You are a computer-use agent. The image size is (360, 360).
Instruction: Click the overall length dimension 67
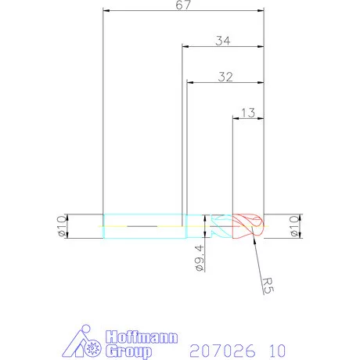pyautogui.click(x=183, y=5)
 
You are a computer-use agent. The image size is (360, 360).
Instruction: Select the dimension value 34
pyautogui.click(x=222, y=40)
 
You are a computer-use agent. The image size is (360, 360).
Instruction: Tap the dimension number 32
pyautogui.click(x=225, y=77)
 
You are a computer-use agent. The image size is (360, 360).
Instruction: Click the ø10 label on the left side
pyautogui.click(x=59, y=226)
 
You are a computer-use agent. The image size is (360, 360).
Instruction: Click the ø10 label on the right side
pyautogui.click(x=295, y=226)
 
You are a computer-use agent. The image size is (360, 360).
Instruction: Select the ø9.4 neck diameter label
pyautogui.click(x=200, y=257)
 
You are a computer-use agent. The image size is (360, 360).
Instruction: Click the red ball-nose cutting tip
pyautogui.click(x=249, y=226)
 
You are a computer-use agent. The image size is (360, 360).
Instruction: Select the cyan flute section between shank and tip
pyautogui.click(x=219, y=226)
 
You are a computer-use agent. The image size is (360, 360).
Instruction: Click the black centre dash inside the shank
pyautogui.click(x=140, y=226)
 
